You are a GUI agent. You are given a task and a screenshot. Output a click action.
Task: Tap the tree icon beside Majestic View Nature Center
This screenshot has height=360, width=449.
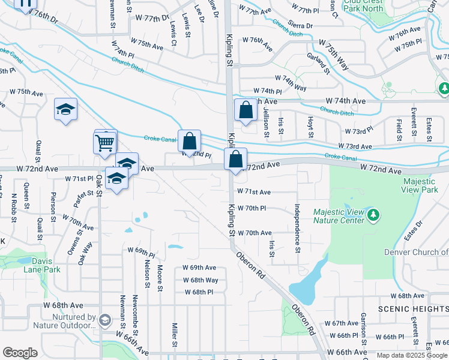[x=373, y=214]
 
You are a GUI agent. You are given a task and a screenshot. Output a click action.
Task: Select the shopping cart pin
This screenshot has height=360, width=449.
[x=104, y=143]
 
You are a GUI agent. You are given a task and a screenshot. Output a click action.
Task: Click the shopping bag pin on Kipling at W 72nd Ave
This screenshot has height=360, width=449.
[x=236, y=160]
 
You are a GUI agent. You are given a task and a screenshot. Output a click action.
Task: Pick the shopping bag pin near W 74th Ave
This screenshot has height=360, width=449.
[x=246, y=110]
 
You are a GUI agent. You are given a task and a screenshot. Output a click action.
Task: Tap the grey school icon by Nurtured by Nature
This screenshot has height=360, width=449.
[x=106, y=320]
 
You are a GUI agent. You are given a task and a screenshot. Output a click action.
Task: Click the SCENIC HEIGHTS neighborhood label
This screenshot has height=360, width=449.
[x=412, y=308]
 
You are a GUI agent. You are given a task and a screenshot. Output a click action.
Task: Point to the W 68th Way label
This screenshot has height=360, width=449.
[x=200, y=280]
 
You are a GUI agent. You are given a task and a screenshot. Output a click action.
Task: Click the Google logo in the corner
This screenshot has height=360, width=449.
[x=20, y=353]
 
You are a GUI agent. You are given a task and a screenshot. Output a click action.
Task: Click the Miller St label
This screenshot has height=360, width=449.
[x=174, y=335]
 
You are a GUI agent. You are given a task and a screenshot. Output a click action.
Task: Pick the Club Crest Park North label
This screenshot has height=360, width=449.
[x=364, y=5]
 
